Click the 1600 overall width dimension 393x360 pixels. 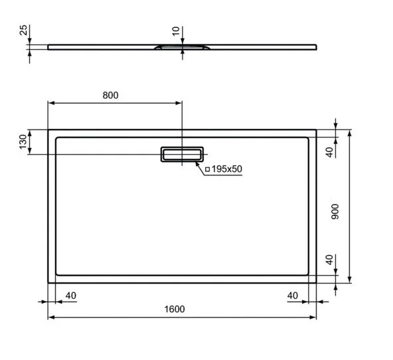click(x=175, y=310)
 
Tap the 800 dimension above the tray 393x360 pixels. click(x=111, y=95)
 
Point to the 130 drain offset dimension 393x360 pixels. click(x=23, y=141)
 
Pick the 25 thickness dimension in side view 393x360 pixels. click(x=23, y=31)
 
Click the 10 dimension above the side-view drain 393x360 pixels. click(x=175, y=31)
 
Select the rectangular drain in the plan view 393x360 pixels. click(x=181, y=154)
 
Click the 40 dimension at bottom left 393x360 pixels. click(x=71, y=295)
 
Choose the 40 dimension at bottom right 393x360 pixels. click(x=292, y=295)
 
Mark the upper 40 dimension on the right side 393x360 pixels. click(x=329, y=152)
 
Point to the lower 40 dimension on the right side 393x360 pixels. click(x=329, y=260)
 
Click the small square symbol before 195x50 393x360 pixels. click(x=207, y=169)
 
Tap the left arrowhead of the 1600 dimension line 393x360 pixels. click(x=50, y=317)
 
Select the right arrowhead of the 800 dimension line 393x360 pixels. click(x=179, y=103)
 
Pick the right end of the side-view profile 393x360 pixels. click(x=316, y=46)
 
